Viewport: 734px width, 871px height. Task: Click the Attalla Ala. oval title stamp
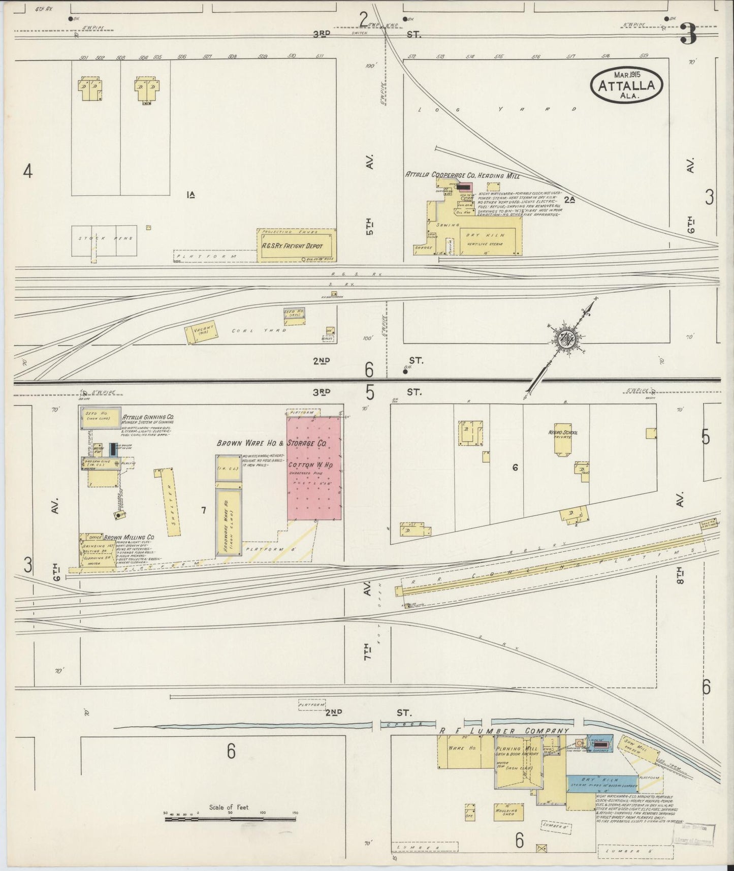pos(627,85)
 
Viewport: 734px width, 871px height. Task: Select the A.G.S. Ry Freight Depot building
pos(296,246)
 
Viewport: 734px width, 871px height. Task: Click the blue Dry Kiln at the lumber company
pos(602,783)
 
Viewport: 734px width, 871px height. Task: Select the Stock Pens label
pos(105,238)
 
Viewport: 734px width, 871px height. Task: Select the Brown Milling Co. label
pos(129,537)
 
